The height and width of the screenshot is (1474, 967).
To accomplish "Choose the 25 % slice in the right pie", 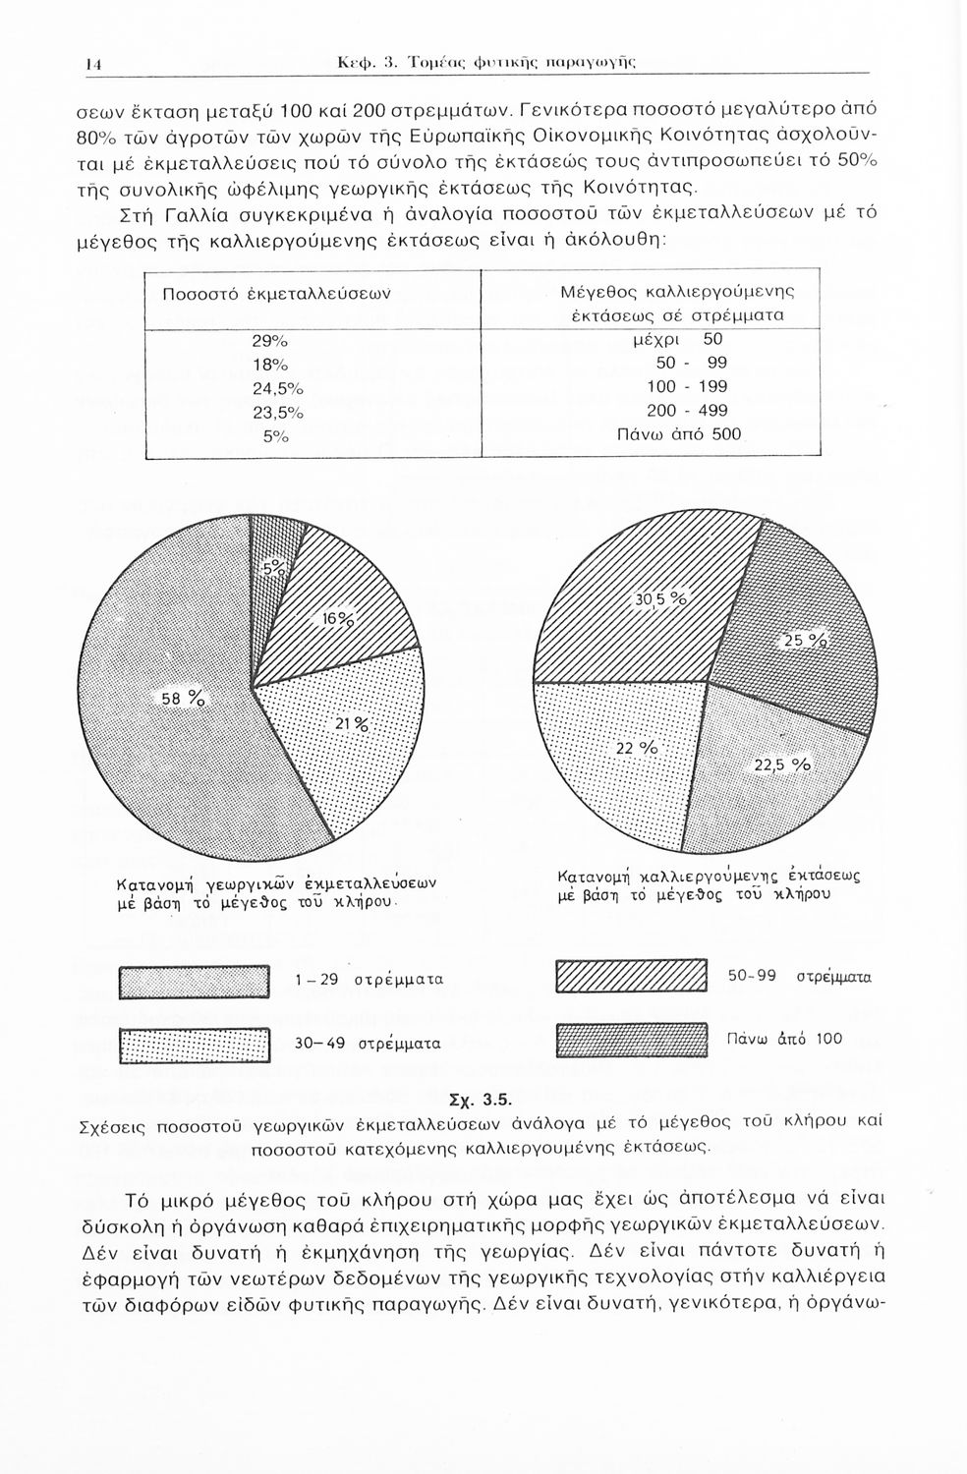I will tap(796, 639).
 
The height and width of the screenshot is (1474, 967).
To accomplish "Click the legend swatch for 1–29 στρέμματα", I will tap(194, 982).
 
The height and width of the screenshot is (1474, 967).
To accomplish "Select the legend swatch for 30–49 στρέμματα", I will tap(194, 1044).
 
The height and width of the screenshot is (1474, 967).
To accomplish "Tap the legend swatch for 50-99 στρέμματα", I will tap(631, 977).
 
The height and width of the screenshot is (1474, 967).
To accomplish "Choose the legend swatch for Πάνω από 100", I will tap(631, 1039).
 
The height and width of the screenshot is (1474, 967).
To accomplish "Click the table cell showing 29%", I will tap(269, 342).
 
